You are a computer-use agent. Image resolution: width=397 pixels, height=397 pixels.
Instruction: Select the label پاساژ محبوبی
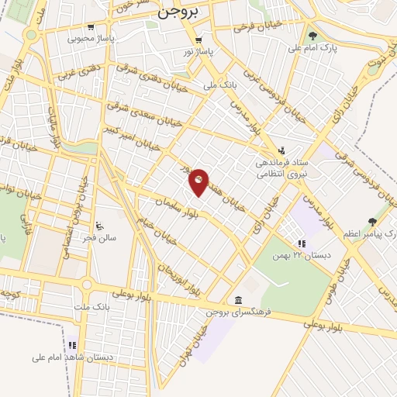pos(91,37)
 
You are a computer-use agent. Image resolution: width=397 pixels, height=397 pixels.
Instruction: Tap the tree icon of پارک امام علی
pos(312,36)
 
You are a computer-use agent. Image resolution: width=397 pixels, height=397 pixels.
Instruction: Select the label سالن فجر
pos(100,238)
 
